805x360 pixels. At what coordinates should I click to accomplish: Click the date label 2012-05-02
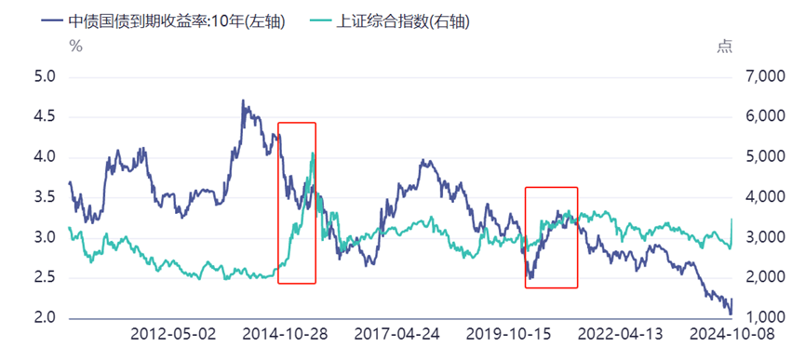[173, 334]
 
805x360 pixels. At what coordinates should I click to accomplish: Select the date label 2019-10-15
[508, 334]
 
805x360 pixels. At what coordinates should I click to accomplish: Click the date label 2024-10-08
[731, 334]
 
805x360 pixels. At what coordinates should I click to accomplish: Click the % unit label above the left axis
[75, 47]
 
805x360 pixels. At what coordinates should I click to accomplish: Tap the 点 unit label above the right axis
[725, 47]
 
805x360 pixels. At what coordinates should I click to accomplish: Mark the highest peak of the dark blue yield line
[243, 100]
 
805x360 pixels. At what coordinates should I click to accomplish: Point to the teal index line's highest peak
[313, 153]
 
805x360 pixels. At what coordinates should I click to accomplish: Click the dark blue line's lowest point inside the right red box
[530, 277]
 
